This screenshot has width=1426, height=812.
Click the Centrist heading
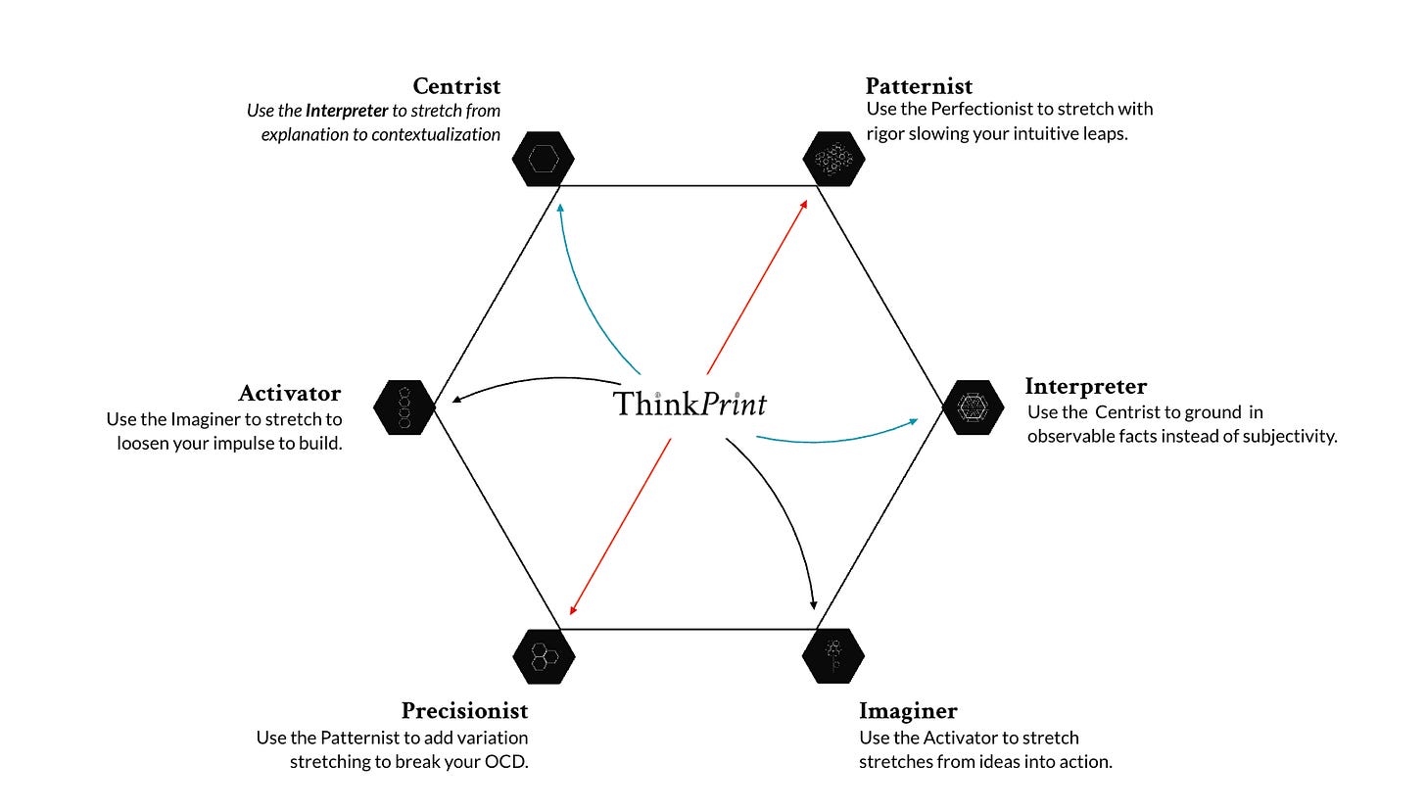(x=456, y=87)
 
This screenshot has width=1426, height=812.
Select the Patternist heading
(x=919, y=87)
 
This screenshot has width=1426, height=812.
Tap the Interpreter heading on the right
(x=1085, y=386)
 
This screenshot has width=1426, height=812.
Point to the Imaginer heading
(x=908, y=711)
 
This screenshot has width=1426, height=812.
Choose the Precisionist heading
(x=464, y=711)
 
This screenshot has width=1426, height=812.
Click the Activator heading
(x=289, y=394)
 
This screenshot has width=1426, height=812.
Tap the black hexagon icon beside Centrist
(x=543, y=159)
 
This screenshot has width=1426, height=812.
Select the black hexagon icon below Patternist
(x=833, y=159)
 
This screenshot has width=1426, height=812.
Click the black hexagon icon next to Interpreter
(x=973, y=407)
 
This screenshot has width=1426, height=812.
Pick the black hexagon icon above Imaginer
(x=832, y=655)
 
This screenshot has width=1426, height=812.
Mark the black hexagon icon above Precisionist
(x=544, y=655)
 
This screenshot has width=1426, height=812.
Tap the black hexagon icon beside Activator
(x=404, y=407)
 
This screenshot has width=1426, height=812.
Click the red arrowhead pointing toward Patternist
(x=803, y=205)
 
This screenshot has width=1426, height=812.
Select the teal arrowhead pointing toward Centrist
(x=559, y=208)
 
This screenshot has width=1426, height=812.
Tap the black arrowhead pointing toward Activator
(x=456, y=398)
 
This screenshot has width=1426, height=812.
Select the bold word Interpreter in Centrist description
(x=347, y=112)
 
